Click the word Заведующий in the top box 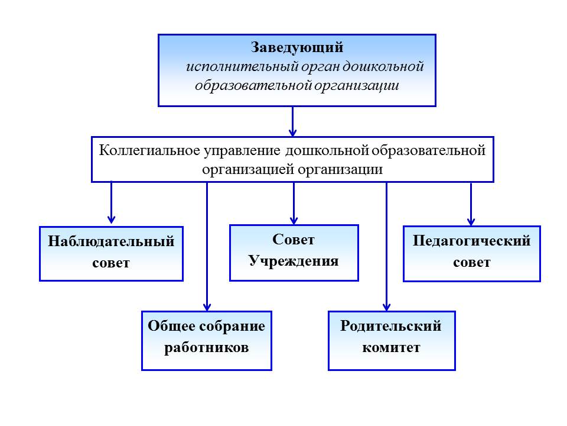coord(297,48)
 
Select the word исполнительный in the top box coord(242,67)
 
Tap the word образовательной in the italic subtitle coord(253,86)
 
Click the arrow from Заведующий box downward coord(292,121)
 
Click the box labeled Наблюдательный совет coord(112,254)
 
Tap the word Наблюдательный coord(111,241)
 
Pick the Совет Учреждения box coord(294,253)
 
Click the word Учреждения coord(294,261)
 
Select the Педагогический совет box coord(471,254)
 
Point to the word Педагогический coord(471,241)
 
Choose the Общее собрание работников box coord(207,341)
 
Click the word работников coord(207,348)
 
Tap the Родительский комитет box coord(392,341)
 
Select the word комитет coord(391,348)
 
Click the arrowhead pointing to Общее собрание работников coord(207,307)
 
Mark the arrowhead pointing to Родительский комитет coord(386,307)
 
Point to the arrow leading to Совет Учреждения coord(294,203)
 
